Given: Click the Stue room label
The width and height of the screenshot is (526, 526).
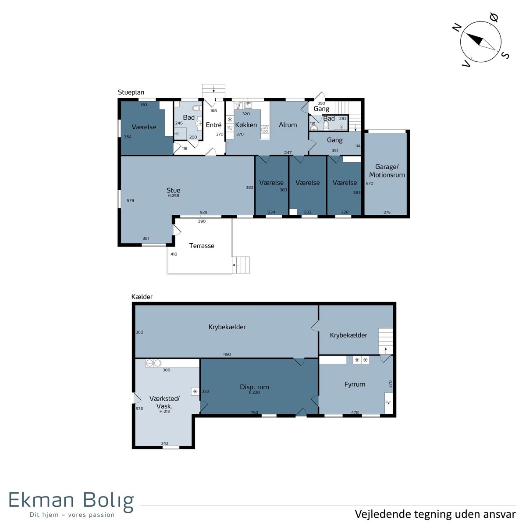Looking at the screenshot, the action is [173, 190].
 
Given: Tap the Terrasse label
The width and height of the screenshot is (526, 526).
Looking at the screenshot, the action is [202, 245].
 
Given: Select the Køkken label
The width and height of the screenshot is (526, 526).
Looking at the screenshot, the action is [246, 125].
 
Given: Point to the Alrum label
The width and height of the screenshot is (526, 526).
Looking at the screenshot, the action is [288, 125].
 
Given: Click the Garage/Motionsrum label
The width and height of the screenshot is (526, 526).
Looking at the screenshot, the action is [387, 171].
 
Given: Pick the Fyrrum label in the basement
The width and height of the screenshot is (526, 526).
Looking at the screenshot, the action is [355, 384].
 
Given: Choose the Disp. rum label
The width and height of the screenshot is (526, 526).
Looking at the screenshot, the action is [254, 387].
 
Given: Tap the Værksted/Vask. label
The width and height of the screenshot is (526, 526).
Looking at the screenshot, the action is [165, 402].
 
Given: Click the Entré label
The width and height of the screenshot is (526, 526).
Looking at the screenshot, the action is [213, 125].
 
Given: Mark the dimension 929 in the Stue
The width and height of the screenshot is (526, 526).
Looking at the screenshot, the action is [203, 212].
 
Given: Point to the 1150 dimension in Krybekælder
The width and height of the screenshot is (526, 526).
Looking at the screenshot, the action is [227, 354].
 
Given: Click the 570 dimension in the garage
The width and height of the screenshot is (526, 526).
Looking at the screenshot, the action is [370, 183].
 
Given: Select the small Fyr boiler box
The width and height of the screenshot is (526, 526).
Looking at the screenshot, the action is [388, 403].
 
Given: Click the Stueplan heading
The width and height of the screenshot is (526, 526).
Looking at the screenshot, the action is [131, 92].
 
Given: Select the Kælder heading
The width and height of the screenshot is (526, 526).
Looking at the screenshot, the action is [142, 297].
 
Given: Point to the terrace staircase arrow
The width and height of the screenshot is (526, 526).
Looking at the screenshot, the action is [236, 265].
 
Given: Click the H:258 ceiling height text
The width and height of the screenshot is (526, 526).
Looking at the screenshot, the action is [173, 195].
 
